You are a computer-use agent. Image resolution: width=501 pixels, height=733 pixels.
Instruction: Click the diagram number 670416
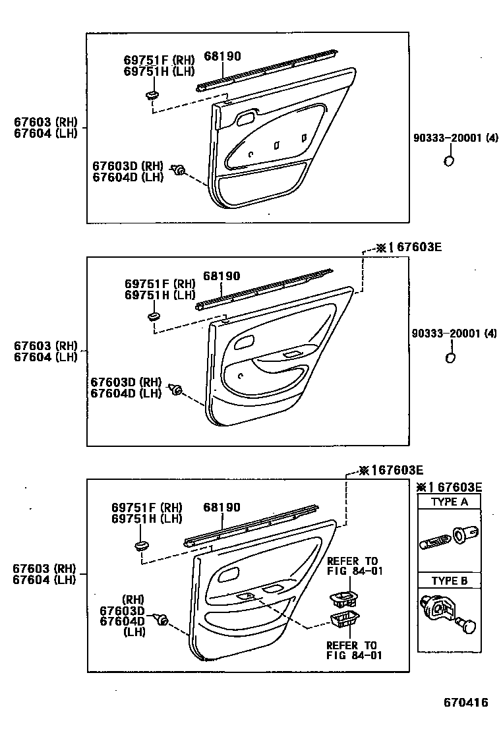tap(465, 703)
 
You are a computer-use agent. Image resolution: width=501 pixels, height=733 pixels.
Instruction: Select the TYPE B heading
tap(449, 581)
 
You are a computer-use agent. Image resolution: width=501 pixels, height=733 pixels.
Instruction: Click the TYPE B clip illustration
tap(448, 614)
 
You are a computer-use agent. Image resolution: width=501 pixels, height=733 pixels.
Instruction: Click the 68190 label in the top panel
tap(222, 57)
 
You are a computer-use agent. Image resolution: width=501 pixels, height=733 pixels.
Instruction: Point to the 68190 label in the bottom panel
tap(222, 508)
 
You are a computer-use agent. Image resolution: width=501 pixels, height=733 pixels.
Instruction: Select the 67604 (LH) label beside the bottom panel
tap(45, 580)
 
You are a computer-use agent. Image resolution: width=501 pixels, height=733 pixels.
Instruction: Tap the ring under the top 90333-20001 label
tap(448, 162)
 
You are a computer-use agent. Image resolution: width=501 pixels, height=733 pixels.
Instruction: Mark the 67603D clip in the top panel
tap(177, 171)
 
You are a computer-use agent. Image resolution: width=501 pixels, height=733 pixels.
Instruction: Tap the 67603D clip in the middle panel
tap(175, 390)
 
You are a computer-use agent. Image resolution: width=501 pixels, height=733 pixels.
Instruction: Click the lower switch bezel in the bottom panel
tap(344, 620)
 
